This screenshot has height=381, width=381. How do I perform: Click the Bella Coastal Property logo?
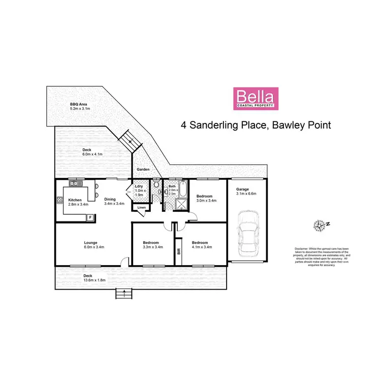tap(256, 99)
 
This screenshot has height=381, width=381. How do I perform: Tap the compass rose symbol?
tap(320, 224)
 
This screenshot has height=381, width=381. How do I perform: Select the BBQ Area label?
tap(78, 104)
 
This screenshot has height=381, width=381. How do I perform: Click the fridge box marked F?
tap(90, 217)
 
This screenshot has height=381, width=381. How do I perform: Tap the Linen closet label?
tap(141, 207)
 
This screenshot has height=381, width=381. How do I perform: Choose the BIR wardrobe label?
tap(178, 250)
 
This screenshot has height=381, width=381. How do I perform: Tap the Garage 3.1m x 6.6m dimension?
tap(246, 194)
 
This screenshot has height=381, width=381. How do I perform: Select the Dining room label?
tap(110, 199)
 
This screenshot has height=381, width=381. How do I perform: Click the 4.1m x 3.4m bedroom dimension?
tap(201, 247)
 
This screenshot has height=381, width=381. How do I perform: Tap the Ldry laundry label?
tap(139, 186)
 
